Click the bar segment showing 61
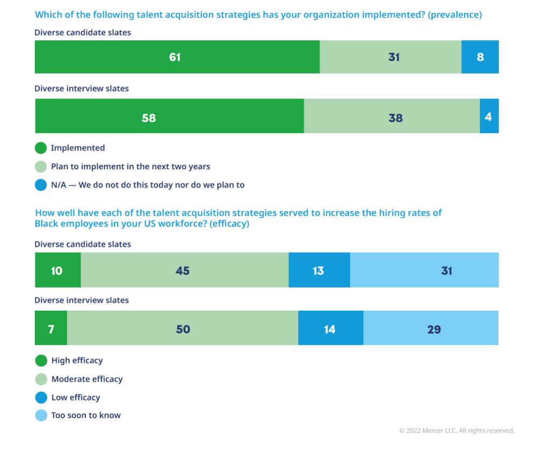coord(177,57)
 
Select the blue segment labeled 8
coord(480,57)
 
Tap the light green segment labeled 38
coord(392,116)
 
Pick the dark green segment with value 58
coord(169,116)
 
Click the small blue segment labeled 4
coord(489,116)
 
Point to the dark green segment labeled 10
coord(57,270)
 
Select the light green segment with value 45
coord(184,270)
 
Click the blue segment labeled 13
coord(319,270)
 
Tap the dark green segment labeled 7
coord(51,328)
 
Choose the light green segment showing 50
coord(183,328)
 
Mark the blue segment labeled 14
coord(330,328)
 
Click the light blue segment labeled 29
coord(431,328)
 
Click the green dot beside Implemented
coord(41,148)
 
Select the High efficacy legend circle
coord(41,361)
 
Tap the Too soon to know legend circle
coord(41,415)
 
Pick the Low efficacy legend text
coord(76,398)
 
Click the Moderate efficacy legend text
coord(87,379)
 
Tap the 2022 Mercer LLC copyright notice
coord(457,431)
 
